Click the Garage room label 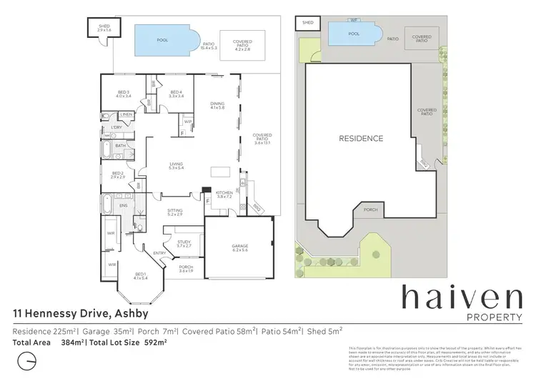[x=239, y=247]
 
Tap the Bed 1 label [x=141, y=276]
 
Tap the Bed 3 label [x=124, y=93]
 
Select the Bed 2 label [x=119, y=174]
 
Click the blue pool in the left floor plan [x=163, y=41]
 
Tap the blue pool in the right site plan [x=353, y=33]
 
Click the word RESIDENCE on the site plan [x=361, y=139]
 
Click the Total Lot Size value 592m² [x=156, y=343]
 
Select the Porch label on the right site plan [x=370, y=210]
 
